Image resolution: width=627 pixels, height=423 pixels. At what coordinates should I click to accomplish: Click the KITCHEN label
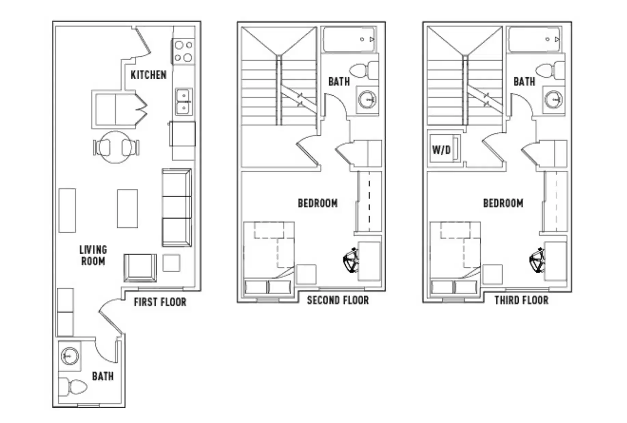point(148,75)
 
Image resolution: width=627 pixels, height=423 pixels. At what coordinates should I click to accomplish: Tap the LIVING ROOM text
point(93,255)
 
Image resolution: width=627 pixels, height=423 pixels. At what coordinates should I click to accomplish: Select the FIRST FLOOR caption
point(160,302)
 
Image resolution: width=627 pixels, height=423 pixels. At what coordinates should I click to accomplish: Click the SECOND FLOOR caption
point(338,301)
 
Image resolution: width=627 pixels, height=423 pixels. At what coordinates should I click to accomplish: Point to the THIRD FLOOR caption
point(521,301)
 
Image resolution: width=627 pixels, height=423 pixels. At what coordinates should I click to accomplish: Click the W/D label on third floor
point(441,150)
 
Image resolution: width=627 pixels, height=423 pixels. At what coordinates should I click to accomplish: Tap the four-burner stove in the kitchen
point(183,51)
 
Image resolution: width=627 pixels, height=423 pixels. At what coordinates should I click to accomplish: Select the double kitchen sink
point(184,102)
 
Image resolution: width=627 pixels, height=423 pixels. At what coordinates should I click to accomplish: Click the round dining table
point(116,147)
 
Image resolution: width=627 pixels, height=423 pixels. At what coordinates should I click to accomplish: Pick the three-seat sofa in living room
point(176,208)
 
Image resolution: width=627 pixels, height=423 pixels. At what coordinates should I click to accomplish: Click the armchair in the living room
point(140,268)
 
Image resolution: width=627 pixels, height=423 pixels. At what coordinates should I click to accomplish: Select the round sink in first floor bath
point(70,356)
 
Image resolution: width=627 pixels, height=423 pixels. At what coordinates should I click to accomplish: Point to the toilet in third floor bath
point(550,70)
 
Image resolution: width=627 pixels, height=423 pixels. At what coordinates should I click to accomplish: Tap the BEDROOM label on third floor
point(503,203)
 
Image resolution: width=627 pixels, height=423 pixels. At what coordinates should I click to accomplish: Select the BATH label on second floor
point(339,82)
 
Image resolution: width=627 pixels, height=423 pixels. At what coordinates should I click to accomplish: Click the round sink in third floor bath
point(553,100)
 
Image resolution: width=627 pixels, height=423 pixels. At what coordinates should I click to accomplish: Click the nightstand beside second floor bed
point(306,274)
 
